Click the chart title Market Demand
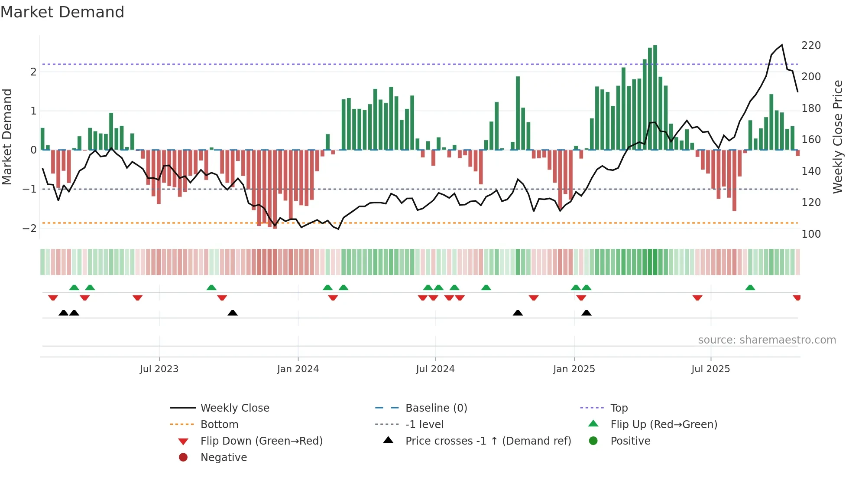coord(62,12)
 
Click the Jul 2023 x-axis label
coord(159,369)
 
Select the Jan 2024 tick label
coord(298,369)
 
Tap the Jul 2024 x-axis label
coord(435,369)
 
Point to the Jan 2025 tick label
coord(574,369)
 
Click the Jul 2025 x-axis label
coord(710,369)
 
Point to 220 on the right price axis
coord(811,46)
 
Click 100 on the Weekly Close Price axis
coord(811,234)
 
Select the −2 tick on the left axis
coord(29,229)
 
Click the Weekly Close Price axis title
coord(838,137)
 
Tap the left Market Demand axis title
coord(7,137)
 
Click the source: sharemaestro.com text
coord(767,340)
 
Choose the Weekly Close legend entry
coord(234,408)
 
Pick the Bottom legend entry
coord(219,425)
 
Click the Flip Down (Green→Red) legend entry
coord(261,441)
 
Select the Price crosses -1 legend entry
coord(488,441)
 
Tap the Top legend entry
coord(619,408)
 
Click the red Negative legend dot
coord(183,458)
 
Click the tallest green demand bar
coord(655,98)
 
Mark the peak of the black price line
coord(782,45)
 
